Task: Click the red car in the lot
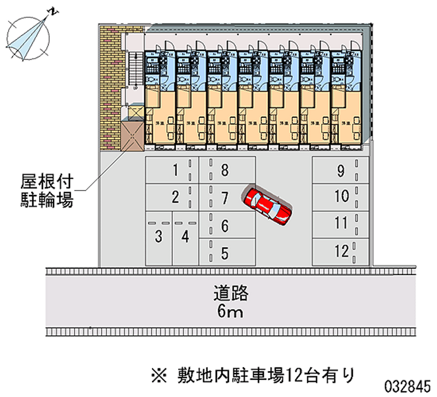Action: (268, 205)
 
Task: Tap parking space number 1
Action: (172, 170)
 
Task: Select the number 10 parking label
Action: (341, 196)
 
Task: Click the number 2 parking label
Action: (175, 197)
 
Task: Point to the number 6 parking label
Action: (224, 225)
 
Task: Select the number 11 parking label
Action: (341, 223)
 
